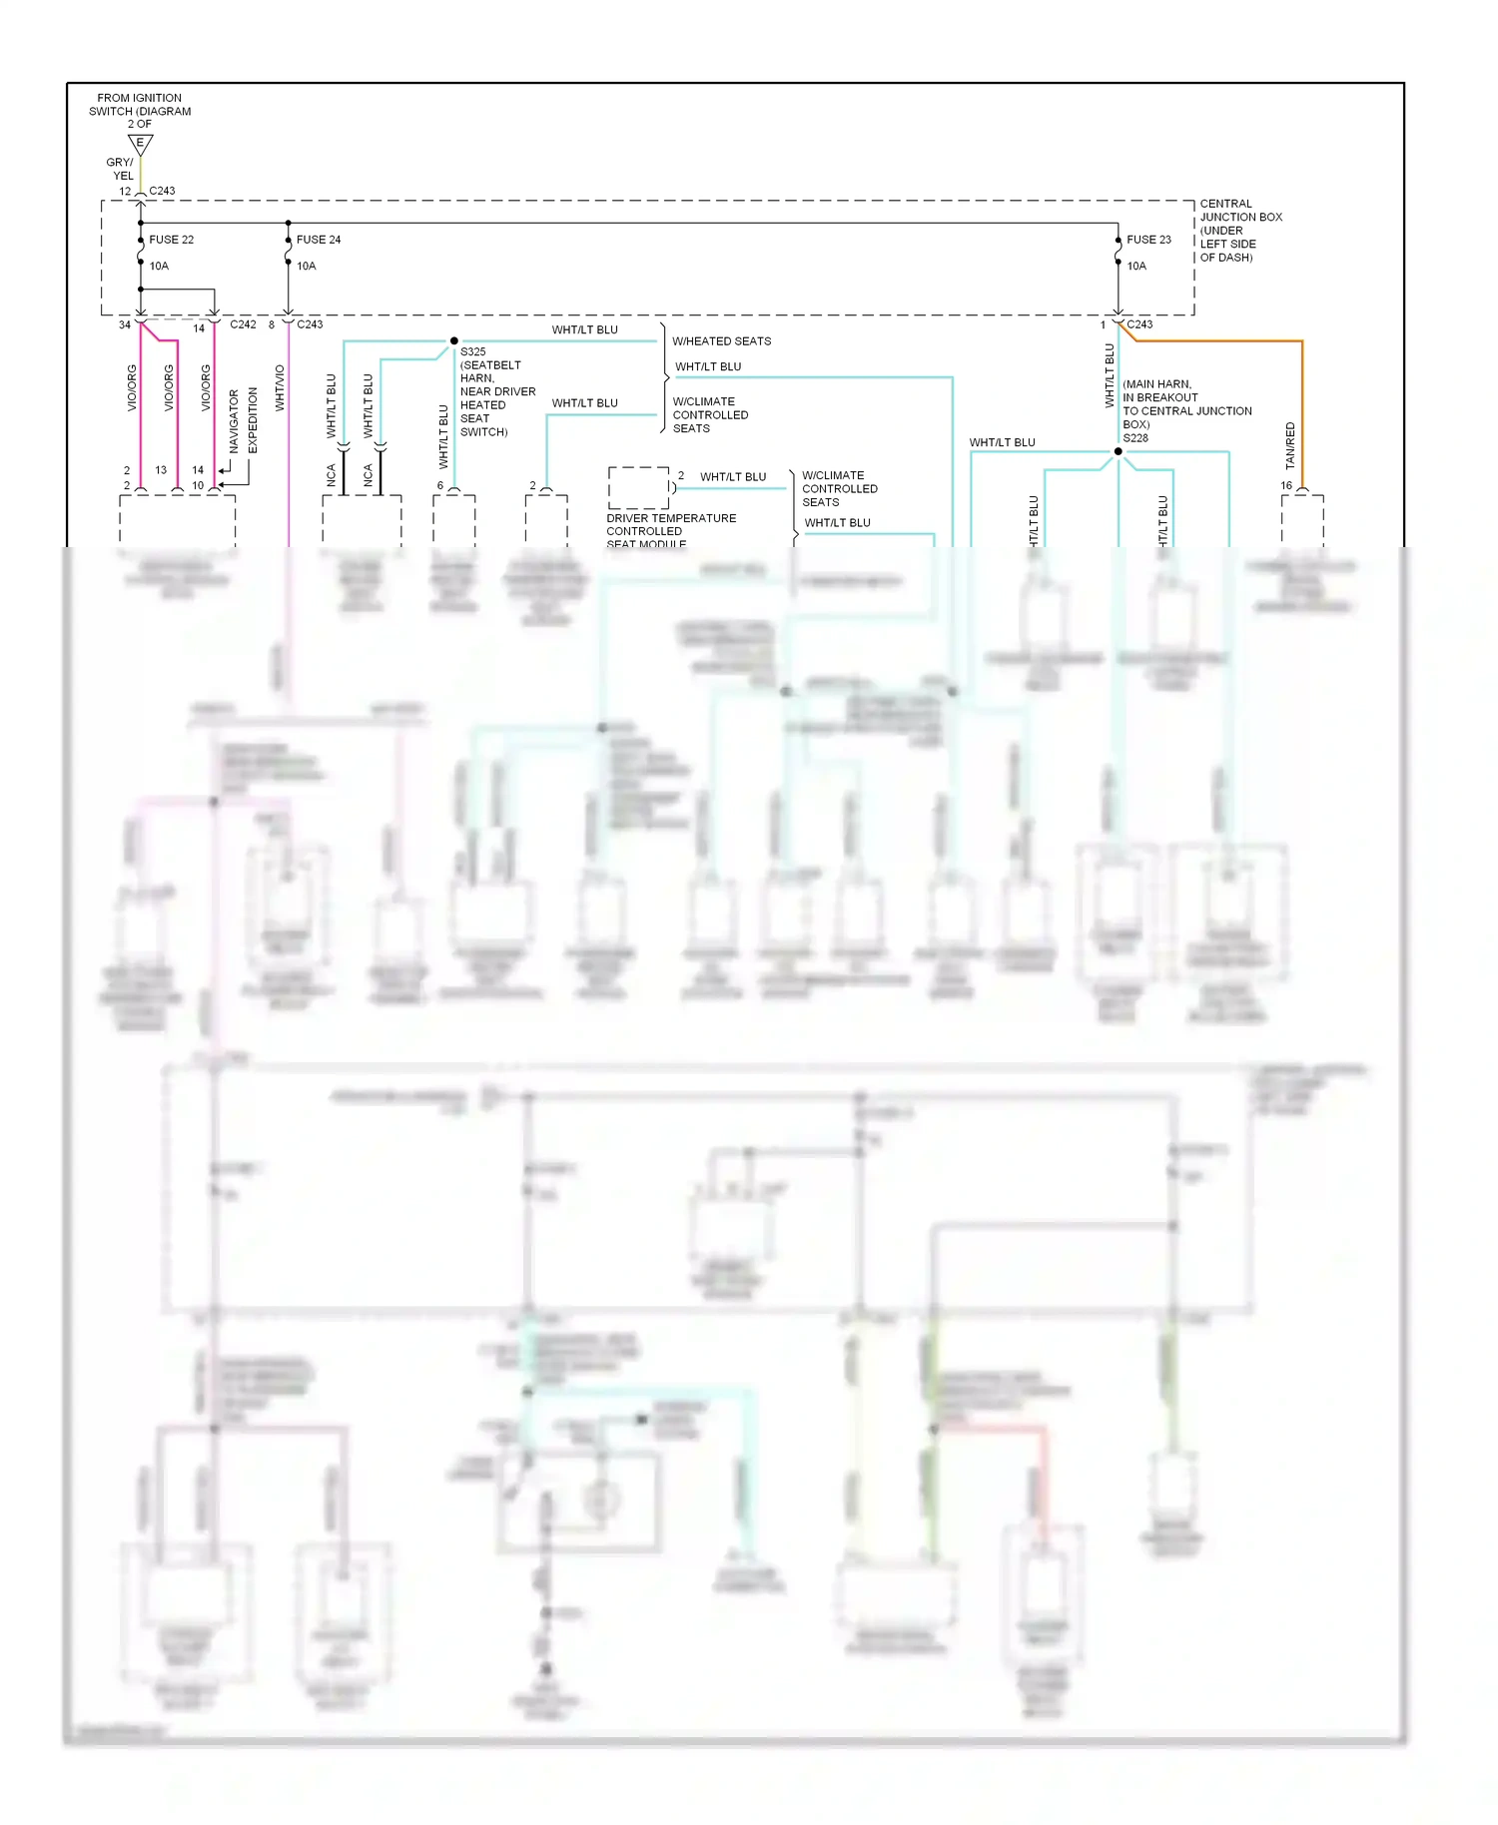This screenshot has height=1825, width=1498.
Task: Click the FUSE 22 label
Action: coord(171,240)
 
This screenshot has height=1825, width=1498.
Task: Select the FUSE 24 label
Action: coord(319,240)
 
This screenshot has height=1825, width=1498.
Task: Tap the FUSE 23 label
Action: coord(1148,240)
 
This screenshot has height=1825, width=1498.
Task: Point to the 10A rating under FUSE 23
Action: coord(1136,267)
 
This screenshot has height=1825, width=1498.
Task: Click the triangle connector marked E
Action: coord(140,144)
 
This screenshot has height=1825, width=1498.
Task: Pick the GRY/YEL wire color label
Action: coord(121,169)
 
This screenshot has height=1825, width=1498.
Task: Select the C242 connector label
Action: coord(243,324)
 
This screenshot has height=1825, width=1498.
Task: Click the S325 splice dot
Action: coord(454,341)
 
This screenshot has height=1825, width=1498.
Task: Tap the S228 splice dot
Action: coord(1119,451)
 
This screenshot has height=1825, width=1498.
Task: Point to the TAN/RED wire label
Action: coord(1290,445)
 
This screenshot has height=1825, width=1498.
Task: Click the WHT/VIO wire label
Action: coord(280,388)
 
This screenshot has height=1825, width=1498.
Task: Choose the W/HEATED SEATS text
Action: coord(721,341)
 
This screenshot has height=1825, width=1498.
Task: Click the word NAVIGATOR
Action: coord(235,420)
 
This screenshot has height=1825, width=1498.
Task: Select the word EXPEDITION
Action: coord(253,420)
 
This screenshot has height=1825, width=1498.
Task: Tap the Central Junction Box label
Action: coord(1240,231)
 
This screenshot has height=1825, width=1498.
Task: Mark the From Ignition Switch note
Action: coord(139,111)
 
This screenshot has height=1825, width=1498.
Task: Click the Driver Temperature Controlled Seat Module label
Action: coord(670,531)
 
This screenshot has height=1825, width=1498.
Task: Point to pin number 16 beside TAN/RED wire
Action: coord(1286,486)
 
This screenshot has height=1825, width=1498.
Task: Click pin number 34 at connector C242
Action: coord(125,325)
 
